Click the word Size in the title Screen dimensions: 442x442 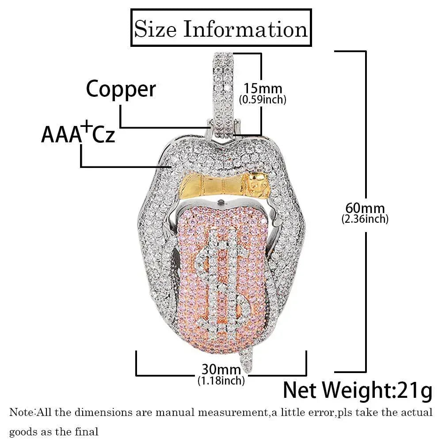[155, 29]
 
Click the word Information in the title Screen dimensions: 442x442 [245, 29]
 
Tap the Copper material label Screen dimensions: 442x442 [121, 89]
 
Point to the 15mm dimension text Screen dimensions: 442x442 [263, 88]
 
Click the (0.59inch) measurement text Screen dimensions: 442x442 [263, 99]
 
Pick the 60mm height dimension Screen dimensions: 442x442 [365, 208]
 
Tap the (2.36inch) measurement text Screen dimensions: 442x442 [365, 219]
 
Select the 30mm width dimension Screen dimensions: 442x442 [221, 370]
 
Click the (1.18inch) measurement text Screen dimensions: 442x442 [221, 381]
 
